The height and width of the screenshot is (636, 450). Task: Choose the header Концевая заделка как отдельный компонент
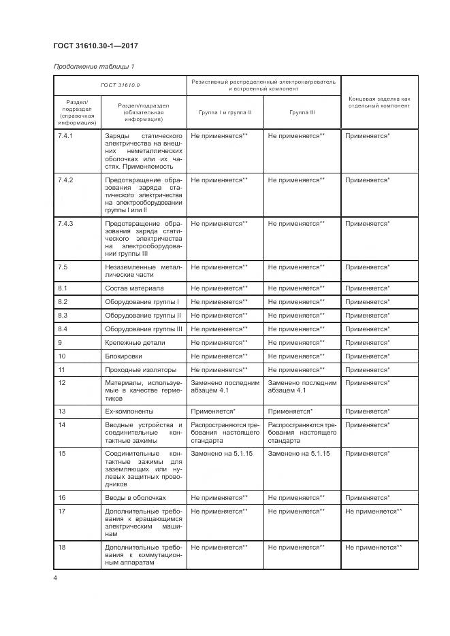coord(377,102)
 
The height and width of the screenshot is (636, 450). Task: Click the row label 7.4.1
coord(67,136)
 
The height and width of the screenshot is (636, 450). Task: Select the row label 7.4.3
coord(67,223)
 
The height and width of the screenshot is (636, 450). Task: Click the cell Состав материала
coord(134,288)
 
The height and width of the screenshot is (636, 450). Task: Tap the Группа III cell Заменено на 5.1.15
coord(299,453)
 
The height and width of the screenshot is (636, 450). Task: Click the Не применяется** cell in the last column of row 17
coord(373,511)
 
